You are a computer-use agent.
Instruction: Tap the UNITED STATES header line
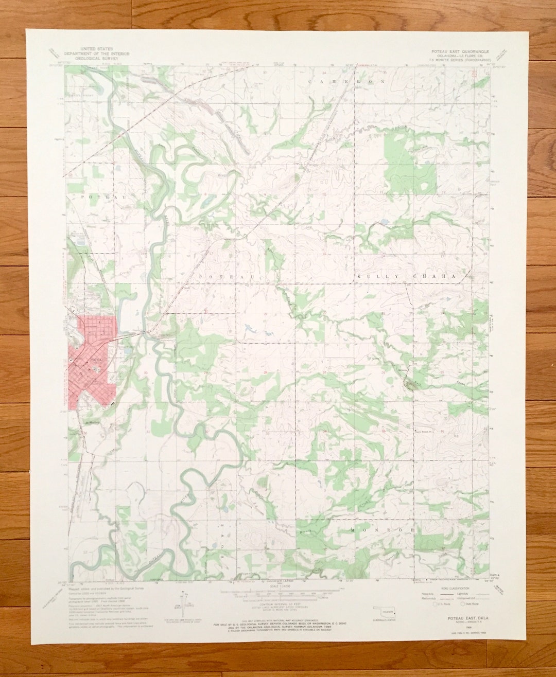[96, 50]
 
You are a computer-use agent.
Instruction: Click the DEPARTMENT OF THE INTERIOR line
[96, 54]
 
